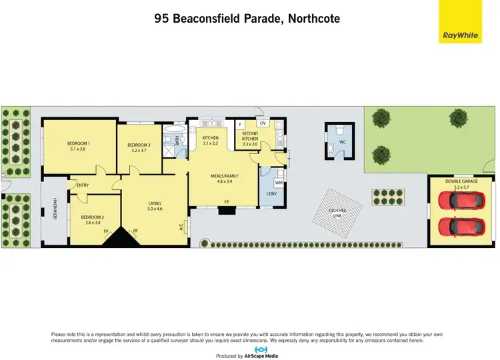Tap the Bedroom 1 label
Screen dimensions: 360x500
click(79, 143)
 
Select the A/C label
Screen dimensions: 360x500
click(181, 227)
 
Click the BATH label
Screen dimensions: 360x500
click(177, 141)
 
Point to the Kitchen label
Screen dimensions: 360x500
click(211, 138)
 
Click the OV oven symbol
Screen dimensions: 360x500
click(263, 123)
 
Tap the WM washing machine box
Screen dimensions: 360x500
click(279, 182)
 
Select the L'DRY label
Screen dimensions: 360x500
click(271, 193)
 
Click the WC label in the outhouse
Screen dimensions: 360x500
click(342, 141)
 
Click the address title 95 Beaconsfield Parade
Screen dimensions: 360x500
click(247, 19)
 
